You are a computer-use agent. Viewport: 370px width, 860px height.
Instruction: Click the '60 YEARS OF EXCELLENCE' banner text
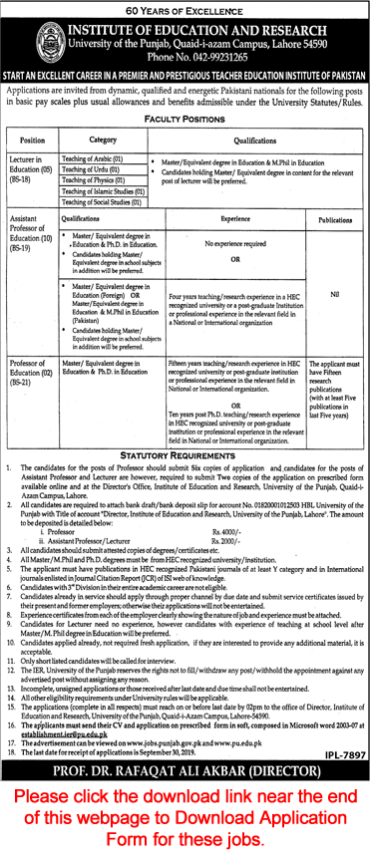(185, 9)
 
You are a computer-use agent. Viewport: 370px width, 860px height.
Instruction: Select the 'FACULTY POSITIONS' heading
(185, 117)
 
